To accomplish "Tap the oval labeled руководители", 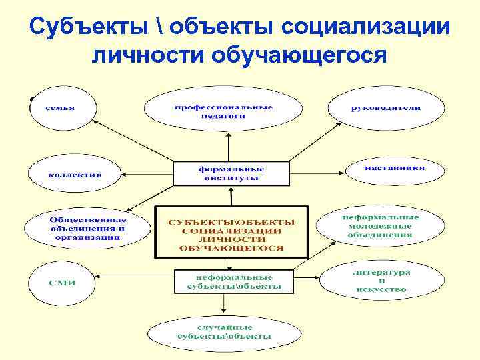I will click(386, 108).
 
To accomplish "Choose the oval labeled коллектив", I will click(74, 175).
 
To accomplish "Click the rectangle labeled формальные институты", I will click(231, 173).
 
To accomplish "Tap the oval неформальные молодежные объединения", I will click(381, 225).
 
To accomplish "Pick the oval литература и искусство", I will click(381, 281).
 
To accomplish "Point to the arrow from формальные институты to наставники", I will click(317, 167).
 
